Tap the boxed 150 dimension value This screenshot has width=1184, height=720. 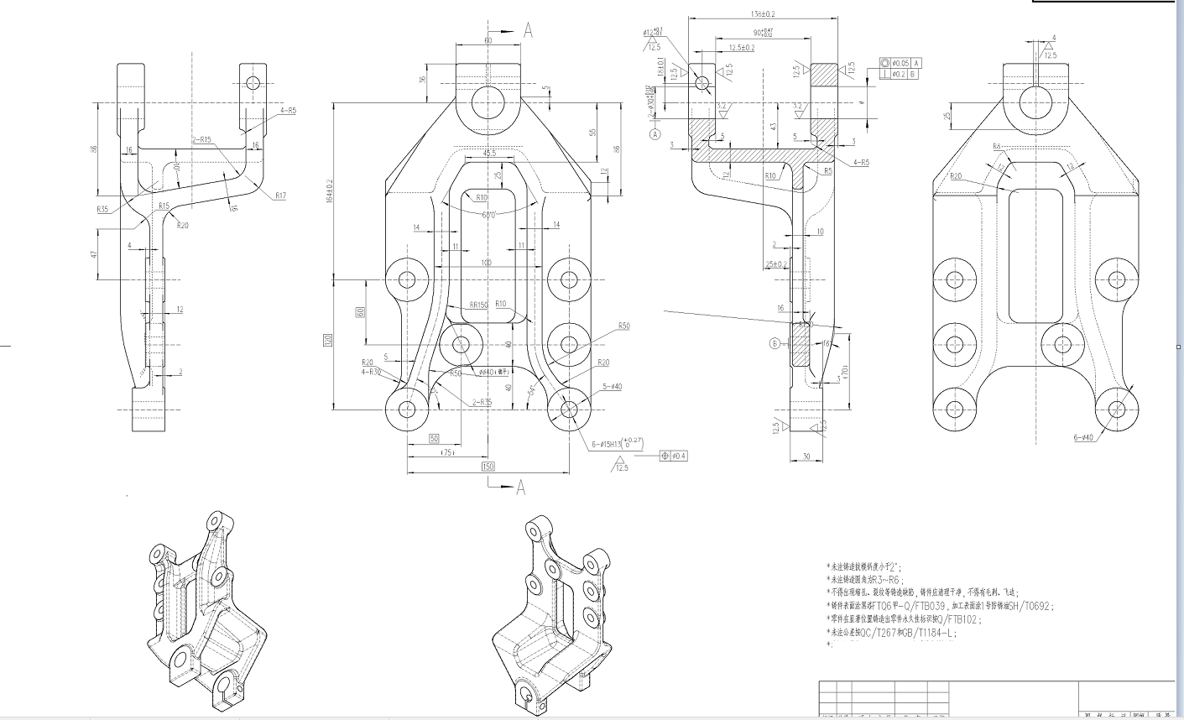click(x=487, y=467)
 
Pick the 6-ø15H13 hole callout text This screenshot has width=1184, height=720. click(x=617, y=444)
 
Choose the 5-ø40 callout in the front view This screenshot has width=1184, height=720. click(x=610, y=387)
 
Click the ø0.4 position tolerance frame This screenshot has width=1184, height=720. click(x=674, y=456)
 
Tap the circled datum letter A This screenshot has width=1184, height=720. click(x=655, y=133)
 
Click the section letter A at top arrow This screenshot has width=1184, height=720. click(x=529, y=30)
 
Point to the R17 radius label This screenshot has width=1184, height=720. click(x=279, y=196)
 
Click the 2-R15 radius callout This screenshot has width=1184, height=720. click(x=201, y=140)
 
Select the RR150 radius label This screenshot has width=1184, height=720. click(x=478, y=305)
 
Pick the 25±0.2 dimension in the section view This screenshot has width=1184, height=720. click(x=776, y=264)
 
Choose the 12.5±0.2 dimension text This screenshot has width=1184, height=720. click(x=741, y=48)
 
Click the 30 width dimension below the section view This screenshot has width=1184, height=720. click(x=806, y=456)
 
